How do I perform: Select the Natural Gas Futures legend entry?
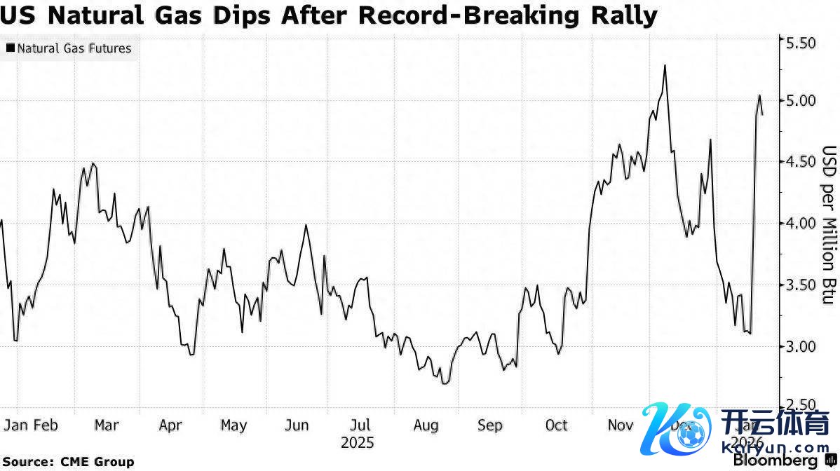69,48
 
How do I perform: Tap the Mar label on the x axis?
107,425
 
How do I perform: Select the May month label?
233,425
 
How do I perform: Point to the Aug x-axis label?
426,425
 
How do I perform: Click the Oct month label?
557,425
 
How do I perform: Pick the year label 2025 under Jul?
358,443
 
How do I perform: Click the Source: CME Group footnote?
68,462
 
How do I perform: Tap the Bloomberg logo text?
775,460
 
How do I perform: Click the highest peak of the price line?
664,65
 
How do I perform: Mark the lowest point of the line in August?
445,383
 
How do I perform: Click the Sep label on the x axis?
489,425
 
